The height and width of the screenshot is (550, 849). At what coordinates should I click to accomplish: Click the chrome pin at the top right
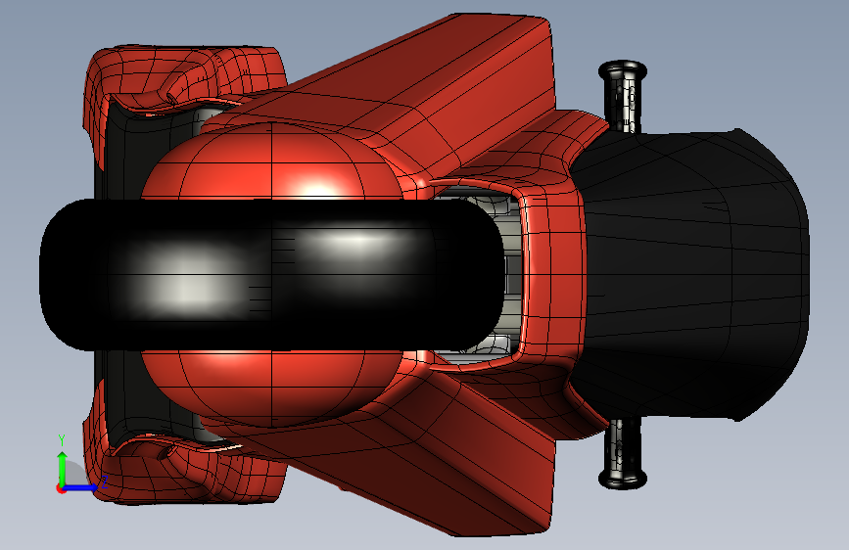[623, 96]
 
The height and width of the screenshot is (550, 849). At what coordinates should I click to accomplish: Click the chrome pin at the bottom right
[623, 454]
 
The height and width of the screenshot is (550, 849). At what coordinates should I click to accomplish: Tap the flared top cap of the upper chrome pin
[623, 69]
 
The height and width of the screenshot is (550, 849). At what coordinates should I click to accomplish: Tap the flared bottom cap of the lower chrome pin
[623, 480]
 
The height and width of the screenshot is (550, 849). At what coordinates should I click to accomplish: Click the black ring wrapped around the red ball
[270, 275]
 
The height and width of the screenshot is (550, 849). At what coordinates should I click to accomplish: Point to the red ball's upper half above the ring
[270, 162]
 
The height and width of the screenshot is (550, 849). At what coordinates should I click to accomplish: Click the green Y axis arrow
[62, 470]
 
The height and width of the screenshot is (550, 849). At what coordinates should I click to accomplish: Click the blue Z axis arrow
[80, 487]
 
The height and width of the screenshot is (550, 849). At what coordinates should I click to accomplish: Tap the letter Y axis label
[62, 440]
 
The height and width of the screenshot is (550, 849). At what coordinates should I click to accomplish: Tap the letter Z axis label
[105, 481]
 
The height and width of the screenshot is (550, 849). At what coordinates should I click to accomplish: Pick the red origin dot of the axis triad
[61, 488]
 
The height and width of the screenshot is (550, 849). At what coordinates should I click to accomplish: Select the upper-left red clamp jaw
[184, 81]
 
